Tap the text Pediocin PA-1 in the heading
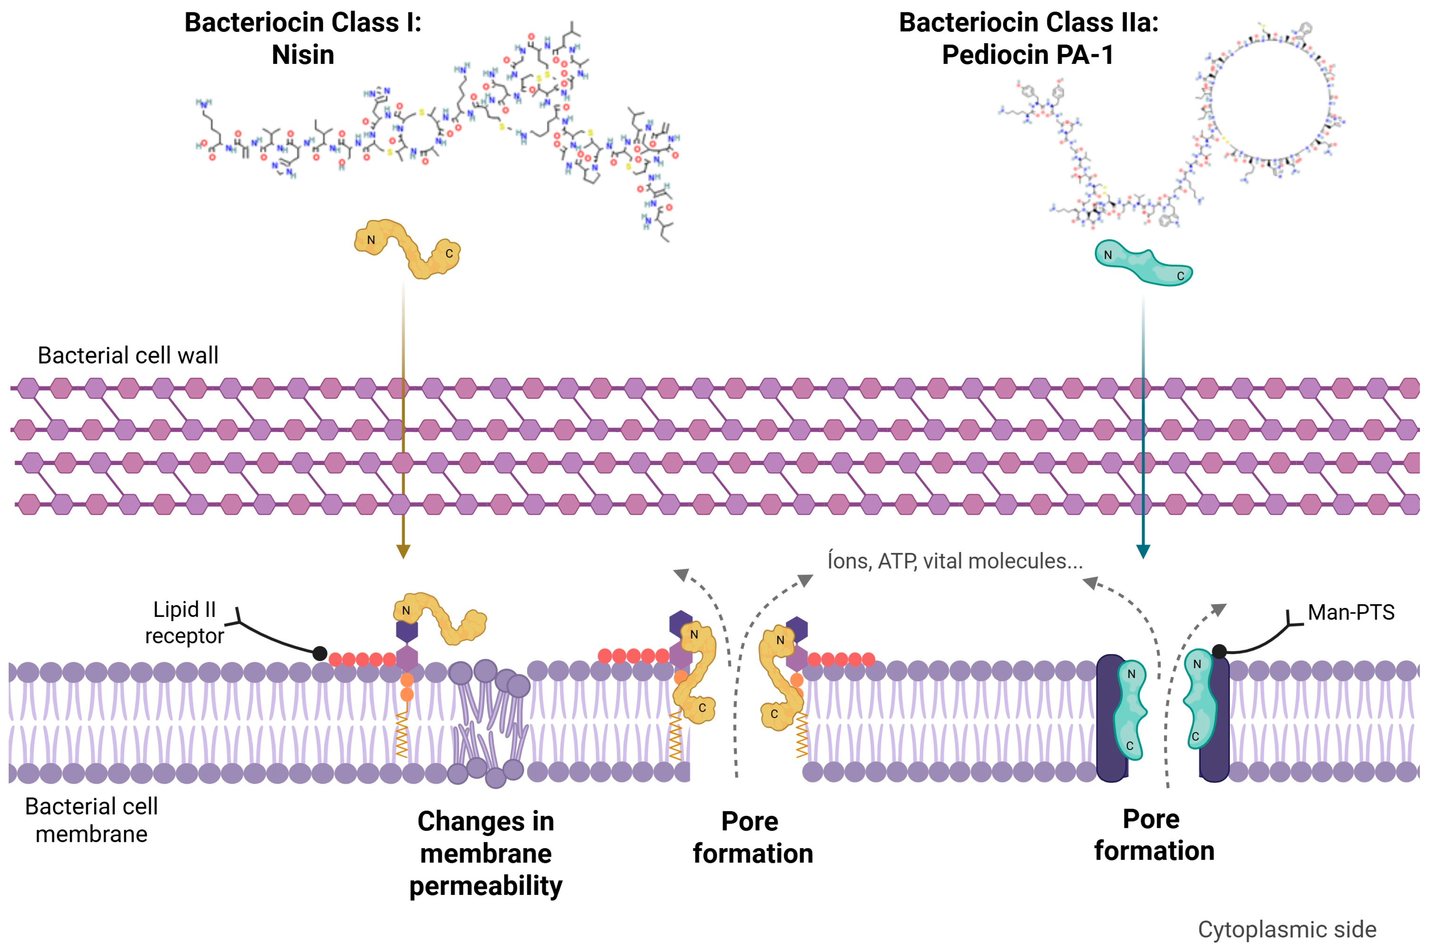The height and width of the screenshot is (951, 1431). tap(1028, 55)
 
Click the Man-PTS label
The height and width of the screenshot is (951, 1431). tap(1351, 612)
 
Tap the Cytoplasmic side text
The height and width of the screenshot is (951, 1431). tap(1287, 929)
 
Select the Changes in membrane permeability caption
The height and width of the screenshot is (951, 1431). tap(486, 853)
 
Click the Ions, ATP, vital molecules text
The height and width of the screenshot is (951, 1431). tap(955, 561)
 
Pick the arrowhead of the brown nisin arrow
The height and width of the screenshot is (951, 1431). tap(403, 551)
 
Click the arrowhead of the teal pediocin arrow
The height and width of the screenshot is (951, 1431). tap(1143, 551)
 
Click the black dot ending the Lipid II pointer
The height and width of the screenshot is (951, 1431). tap(320, 653)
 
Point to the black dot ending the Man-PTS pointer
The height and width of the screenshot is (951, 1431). tap(1219, 652)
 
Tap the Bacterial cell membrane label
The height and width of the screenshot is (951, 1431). tap(91, 820)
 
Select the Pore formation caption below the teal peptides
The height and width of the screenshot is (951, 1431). tap(1153, 835)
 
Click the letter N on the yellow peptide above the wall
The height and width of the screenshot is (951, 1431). tap(371, 240)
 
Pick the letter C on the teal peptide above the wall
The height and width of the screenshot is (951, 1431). tap(1180, 276)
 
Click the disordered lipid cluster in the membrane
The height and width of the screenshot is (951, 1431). tap(488, 722)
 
